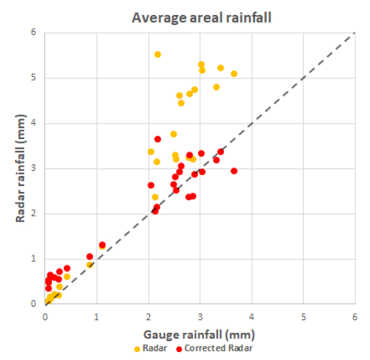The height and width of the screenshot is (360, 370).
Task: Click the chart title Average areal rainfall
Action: pos(202,18)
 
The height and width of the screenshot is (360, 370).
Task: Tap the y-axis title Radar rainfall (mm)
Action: pos(20,169)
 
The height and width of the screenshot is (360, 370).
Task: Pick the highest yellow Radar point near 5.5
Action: pos(158,54)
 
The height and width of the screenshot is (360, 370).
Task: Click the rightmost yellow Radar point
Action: pos(234,74)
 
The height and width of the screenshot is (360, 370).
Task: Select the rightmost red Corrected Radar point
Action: pos(234,171)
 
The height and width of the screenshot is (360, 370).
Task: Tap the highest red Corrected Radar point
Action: pos(158,139)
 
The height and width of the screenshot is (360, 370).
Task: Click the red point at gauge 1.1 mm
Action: pos(102,245)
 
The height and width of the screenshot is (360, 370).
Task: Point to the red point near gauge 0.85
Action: pos(90,256)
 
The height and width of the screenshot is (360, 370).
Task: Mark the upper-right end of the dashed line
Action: pos(354,33)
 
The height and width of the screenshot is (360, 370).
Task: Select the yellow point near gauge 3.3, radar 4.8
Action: pos(216,87)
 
